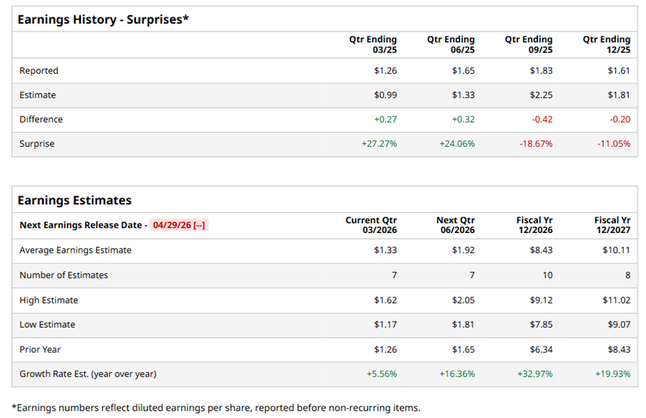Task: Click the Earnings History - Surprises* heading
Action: click(103, 19)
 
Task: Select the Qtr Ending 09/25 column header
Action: click(529, 45)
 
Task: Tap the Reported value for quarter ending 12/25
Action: click(619, 71)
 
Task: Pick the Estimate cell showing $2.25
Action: click(541, 95)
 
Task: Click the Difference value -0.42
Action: click(542, 119)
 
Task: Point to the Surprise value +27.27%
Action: click(379, 144)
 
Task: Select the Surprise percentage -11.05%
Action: click(614, 144)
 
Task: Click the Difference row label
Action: click(41, 119)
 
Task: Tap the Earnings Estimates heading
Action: click(74, 200)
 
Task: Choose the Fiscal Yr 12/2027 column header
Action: click(612, 225)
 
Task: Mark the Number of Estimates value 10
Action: click(547, 275)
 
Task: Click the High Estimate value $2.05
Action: click(463, 300)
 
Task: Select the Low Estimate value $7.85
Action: click(541, 324)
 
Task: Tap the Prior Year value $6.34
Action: click(541, 349)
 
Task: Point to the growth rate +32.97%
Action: click(536, 374)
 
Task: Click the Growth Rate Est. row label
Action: click(87, 374)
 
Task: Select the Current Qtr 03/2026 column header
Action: click(371, 225)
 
